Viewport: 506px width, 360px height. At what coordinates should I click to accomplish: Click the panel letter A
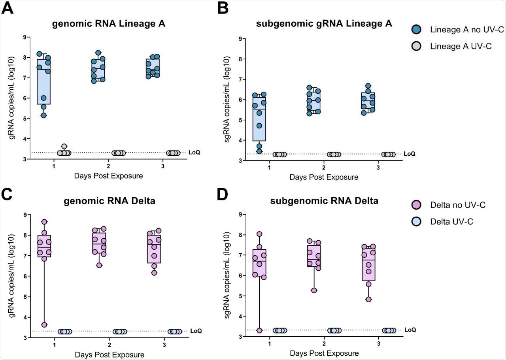pos(8,8)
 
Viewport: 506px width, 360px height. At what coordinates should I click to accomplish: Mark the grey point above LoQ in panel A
pos(64,147)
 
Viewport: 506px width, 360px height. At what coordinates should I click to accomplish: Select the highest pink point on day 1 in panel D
pos(259,234)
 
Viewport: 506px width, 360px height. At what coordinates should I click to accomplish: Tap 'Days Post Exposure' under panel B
pos(324,177)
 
